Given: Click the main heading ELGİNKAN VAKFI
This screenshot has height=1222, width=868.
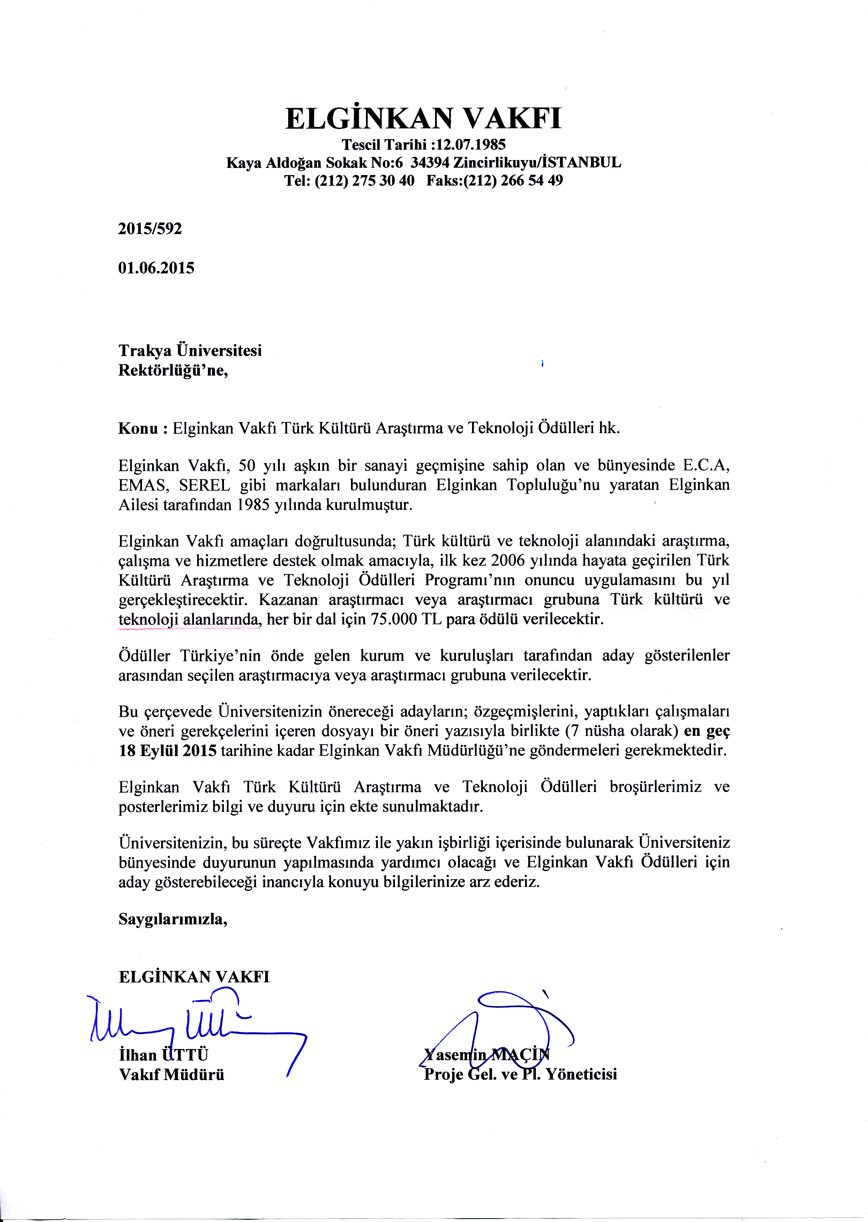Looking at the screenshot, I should click(423, 118).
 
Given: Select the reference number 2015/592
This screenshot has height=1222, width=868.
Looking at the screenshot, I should click(150, 229).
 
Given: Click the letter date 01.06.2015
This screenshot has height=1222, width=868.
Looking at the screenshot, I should click(156, 268).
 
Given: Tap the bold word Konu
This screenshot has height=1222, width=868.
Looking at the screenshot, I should click(138, 429).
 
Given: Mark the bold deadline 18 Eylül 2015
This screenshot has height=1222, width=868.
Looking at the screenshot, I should click(167, 751).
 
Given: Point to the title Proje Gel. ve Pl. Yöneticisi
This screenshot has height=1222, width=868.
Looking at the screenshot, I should click(520, 1074).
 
